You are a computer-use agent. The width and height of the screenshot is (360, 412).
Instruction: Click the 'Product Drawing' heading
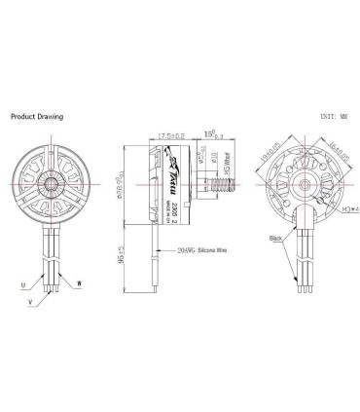pyautogui.click(x=36, y=116)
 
